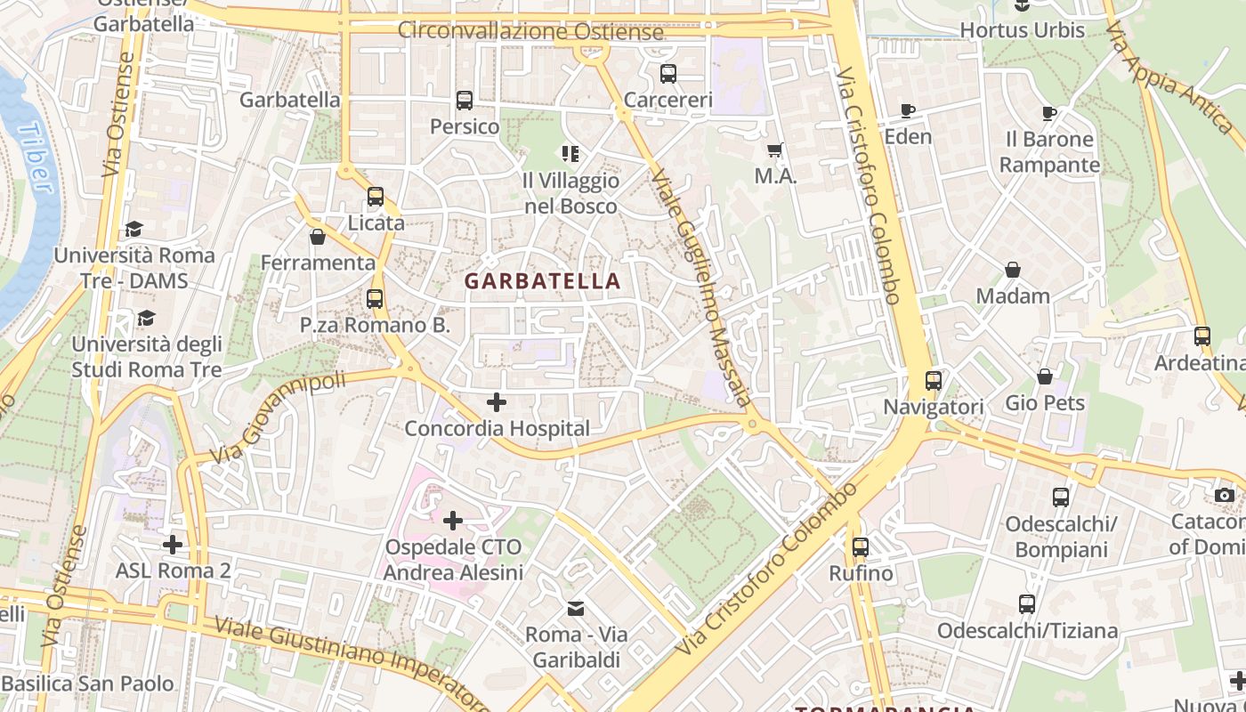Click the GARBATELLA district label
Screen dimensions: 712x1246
point(542,281)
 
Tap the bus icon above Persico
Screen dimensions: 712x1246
point(464,101)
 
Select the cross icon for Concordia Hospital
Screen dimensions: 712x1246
point(497,402)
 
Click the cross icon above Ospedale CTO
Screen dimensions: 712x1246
point(453,520)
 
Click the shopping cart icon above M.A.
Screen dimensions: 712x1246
point(775,150)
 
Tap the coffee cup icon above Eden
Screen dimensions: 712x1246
point(908,111)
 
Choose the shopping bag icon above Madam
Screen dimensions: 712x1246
point(1013,270)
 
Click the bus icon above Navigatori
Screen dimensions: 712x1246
point(933,381)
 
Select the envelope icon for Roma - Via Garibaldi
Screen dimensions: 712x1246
point(576,609)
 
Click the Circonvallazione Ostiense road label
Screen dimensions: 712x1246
point(530,31)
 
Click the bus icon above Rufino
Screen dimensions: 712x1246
point(860,547)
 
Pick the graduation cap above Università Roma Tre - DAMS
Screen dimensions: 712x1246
point(133,230)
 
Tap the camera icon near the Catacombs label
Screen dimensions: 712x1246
point(1225,495)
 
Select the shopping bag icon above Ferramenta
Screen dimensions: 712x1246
point(318,237)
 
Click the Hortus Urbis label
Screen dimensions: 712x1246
point(1022,30)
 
